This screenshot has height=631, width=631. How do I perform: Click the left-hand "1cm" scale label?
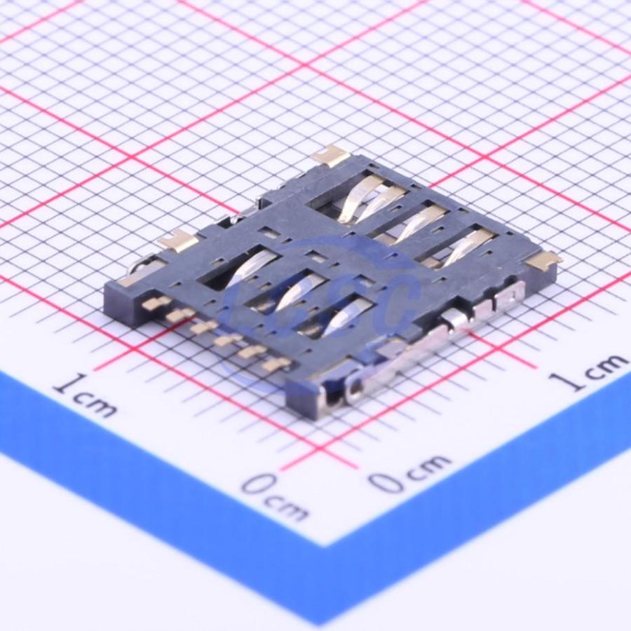(x=86, y=396)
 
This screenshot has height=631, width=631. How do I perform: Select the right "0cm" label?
(x=409, y=474)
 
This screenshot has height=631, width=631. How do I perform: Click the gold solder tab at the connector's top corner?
(x=333, y=156)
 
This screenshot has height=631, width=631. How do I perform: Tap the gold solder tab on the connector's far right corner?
(x=544, y=260)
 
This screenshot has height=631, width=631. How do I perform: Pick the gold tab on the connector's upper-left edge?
(x=177, y=240)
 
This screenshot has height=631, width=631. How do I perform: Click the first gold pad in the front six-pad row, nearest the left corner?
(x=151, y=303)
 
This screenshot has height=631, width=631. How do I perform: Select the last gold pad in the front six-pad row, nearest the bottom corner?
(x=276, y=364)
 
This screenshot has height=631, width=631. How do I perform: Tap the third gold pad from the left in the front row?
(x=203, y=327)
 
